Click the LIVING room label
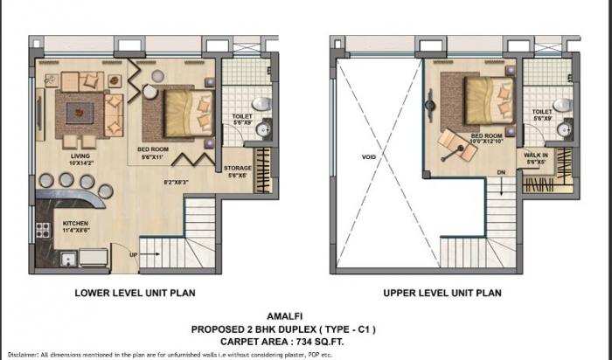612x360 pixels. (x=80, y=158)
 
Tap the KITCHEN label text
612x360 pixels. (x=75, y=223)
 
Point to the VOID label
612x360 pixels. (x=367, y=157)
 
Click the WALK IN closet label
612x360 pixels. (x=535, y=154)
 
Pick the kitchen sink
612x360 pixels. (x=66, y=259)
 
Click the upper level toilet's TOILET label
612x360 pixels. (x=542, y=113)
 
